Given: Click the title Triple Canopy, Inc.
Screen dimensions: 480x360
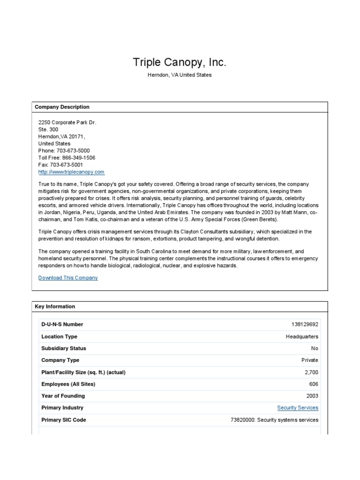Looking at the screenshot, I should [x=180, y=63].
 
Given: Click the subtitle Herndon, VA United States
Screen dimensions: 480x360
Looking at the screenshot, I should [x=180, y=75].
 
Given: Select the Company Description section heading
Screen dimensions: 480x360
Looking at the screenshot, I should [x=62, y=107].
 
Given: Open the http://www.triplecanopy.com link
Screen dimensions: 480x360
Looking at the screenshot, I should [x=71, y=172].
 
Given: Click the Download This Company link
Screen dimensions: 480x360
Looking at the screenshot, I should [x=68, y=278].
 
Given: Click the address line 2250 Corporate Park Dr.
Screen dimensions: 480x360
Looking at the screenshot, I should [x=67, y=122].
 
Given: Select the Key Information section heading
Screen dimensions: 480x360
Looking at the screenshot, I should [x=55, y=307].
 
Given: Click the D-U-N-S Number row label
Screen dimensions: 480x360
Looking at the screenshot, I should [x=62, y=324].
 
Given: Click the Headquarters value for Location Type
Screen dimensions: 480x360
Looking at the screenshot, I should [x=302, y=337].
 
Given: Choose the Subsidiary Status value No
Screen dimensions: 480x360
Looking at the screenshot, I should [x=314, y=348].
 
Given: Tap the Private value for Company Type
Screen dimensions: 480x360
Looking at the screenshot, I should [x=309, y=360].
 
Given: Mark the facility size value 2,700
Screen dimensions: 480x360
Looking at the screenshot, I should [x=311, y=372].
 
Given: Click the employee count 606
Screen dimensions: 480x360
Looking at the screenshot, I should [x=314, y=384].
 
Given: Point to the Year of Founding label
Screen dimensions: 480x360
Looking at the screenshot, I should [x=62, y=396].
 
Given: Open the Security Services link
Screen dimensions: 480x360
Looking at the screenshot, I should [x=297, y=408].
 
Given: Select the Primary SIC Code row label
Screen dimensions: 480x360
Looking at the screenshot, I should [x=64, y=420].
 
